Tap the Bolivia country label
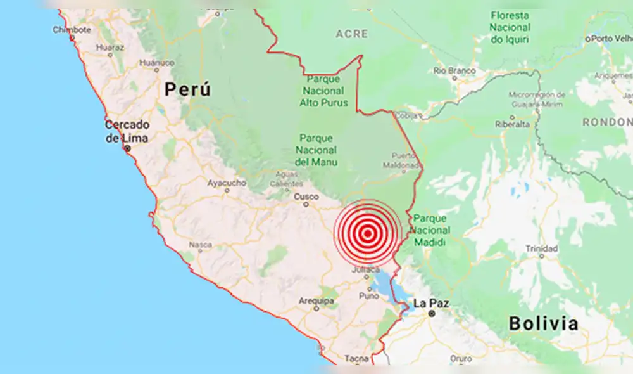544,324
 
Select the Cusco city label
306,197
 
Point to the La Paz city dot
431,313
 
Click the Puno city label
368,295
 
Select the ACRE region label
351,34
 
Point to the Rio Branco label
454,71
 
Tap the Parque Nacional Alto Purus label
323,90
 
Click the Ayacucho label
227,183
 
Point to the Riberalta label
513,124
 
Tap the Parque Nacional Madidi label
430,231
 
